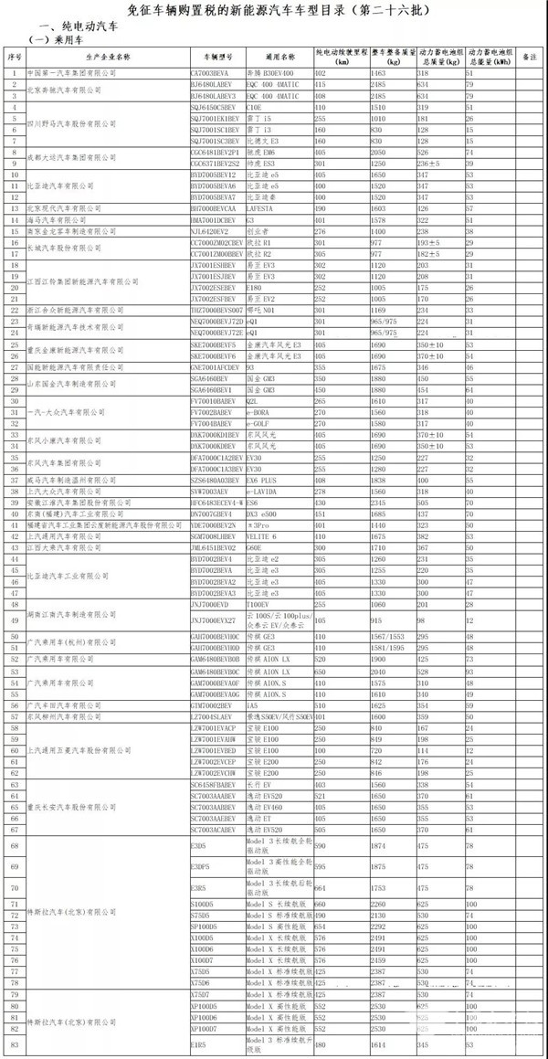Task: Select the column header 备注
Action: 527,57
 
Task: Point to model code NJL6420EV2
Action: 211,232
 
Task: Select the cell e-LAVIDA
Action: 264,492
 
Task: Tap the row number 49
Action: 15,620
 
